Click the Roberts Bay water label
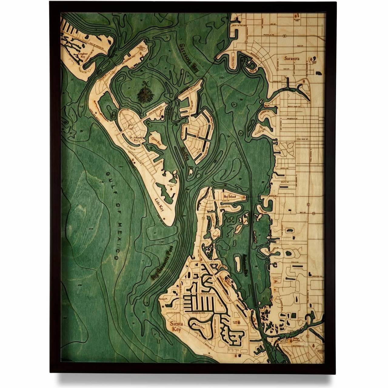(246, 263)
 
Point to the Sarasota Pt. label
(163, 299)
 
